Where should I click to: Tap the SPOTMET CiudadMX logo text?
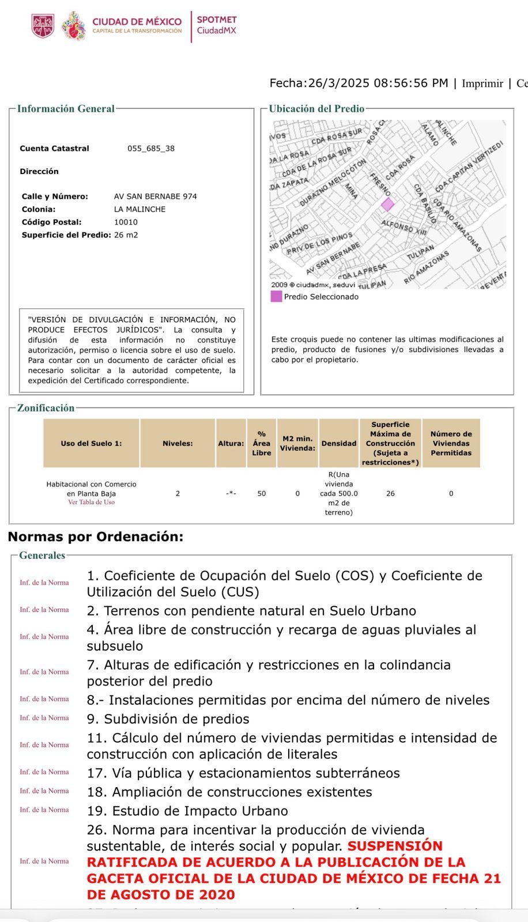click(217, 25)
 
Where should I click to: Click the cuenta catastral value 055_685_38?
click(151, 148)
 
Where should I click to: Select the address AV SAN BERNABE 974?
click(156, 197)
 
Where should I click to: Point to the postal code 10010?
click(126, 222)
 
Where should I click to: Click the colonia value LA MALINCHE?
click(139, 209)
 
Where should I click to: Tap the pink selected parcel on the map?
click(387, 204)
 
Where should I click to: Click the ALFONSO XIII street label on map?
click(404, 227)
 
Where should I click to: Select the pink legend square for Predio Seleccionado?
click(276, 297)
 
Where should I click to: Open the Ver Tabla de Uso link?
click(91, 502)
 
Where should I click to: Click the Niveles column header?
click(178, 444)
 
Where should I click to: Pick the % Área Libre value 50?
click(262, 493)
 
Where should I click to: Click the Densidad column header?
click(339, 444)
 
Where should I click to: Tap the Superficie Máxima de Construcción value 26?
click(390, 493)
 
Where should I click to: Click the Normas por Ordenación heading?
click(96, 536)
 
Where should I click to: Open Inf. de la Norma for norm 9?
click(44, 718)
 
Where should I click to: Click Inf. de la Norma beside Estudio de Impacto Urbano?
click(44, 810)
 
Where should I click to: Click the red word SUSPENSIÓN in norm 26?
click(395, 846)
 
